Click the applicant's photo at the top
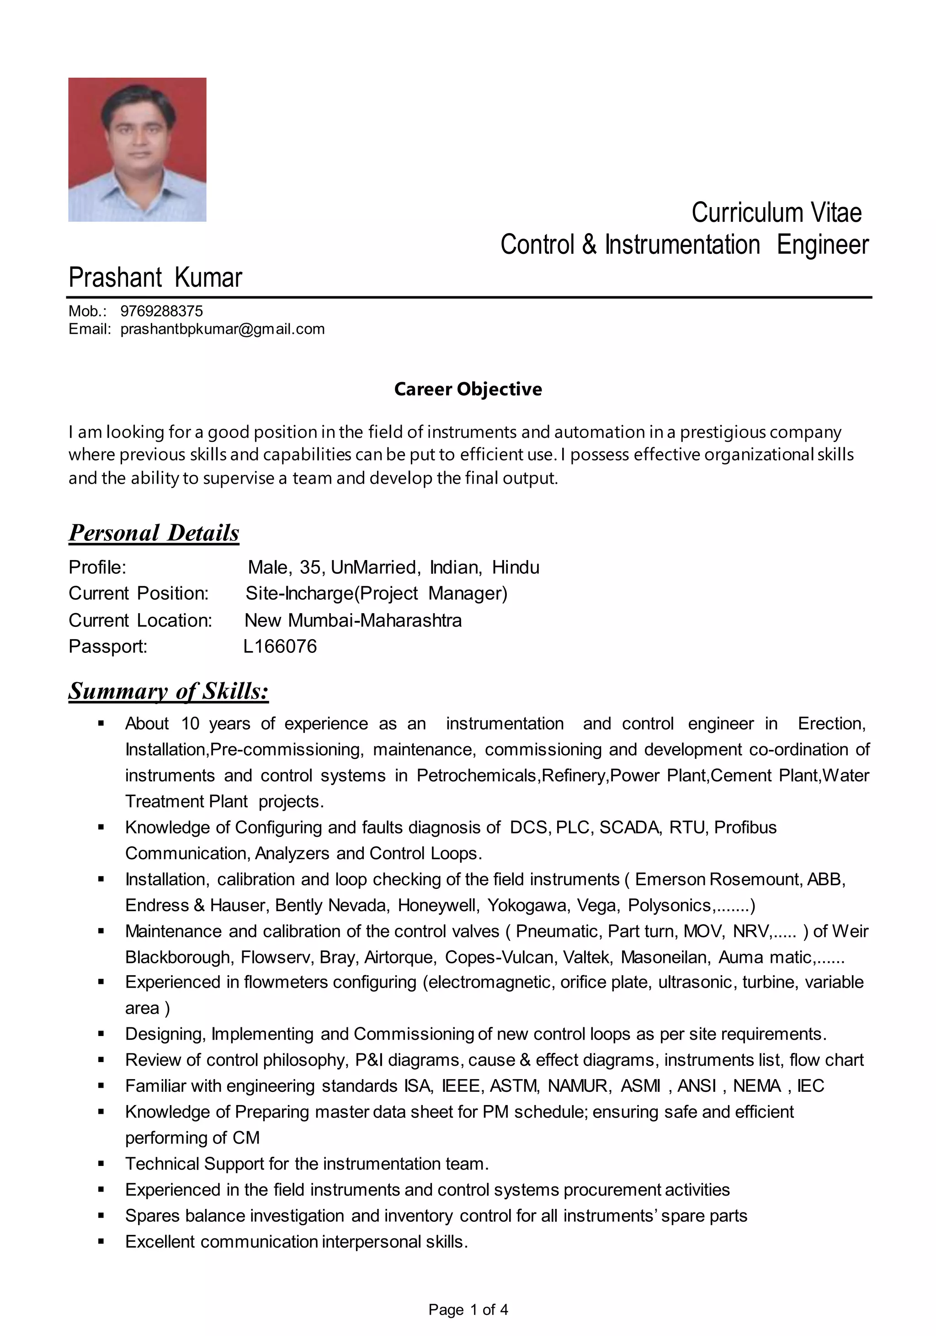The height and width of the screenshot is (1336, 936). point(137,150)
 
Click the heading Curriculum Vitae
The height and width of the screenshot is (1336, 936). point(776,213)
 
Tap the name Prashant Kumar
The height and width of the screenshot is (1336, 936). point(155,278)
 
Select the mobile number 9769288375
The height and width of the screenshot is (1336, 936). point(162,311)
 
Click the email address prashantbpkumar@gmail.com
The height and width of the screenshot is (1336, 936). point(222,329)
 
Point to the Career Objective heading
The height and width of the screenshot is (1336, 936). point(468,389)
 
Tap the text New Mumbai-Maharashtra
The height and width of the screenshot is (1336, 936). point(353,620)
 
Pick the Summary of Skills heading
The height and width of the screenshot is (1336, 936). point(169,691)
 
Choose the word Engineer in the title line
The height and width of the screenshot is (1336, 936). point(822,245)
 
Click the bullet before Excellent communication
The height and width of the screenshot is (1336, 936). point(101,1242)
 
